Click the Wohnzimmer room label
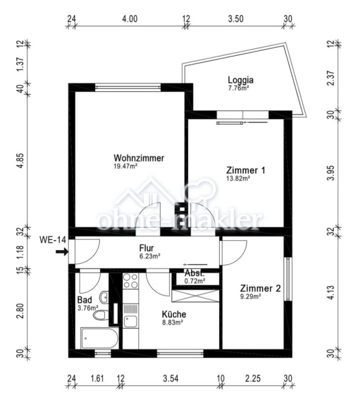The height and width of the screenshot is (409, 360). tap(138, 158)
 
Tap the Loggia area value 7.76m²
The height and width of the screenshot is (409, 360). tap(239, 89)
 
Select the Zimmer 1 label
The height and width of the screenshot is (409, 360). tap(246, 170)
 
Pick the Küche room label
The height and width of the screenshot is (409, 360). tap(174, 314)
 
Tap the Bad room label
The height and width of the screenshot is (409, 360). tap(84, 300)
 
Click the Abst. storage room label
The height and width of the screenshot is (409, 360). tap(195, 273)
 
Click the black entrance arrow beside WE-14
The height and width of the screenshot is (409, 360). tap(62, 252)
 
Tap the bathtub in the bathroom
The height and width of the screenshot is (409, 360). tap(99, 339)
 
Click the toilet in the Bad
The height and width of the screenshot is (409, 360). tap(100, 315)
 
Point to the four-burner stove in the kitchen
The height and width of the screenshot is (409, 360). tap(130, 281)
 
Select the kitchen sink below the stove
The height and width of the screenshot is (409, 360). tap(131, 321)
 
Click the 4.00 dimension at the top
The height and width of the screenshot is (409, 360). tap(129, 19)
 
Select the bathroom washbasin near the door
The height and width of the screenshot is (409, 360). tap(104, 297)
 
